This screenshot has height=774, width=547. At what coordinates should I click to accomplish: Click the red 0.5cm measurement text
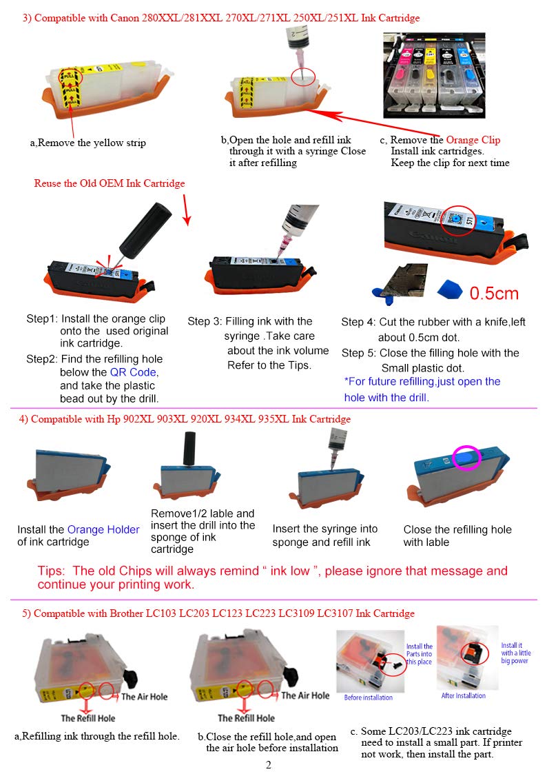pos(494,294)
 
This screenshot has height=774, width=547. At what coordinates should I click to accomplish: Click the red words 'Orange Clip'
pos(473,140)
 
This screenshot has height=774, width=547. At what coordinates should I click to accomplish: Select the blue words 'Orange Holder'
pos(103,529)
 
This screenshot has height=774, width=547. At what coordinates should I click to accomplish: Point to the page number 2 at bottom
pos(268,764)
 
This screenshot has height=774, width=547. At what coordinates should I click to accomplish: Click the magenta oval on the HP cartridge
pos(466,457)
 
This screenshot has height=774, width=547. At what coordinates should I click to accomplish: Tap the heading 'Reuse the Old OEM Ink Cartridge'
pos(110,183)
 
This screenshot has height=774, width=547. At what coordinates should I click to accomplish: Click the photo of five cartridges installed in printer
pos(434,75)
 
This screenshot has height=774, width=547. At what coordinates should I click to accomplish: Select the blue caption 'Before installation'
pos(369,697)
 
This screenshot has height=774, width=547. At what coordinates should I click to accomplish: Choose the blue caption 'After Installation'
pos(463,695)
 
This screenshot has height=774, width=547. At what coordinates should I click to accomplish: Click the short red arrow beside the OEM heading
pos(186,210)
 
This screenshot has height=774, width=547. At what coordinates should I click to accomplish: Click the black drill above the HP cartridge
pos(189,449)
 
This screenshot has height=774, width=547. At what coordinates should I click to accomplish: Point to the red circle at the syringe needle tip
pos(303,77)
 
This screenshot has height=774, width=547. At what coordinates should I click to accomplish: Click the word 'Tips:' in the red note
pos(51,571)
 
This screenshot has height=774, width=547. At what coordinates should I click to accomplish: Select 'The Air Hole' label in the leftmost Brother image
pos(144,697)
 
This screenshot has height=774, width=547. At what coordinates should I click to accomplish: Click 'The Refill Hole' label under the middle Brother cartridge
pos(246,717)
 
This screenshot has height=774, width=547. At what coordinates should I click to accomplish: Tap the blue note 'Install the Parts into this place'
pos(420,653)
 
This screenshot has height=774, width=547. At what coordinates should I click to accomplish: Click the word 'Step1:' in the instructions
pos(42,319)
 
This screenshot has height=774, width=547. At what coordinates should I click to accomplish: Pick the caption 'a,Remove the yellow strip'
pos(87,143)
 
